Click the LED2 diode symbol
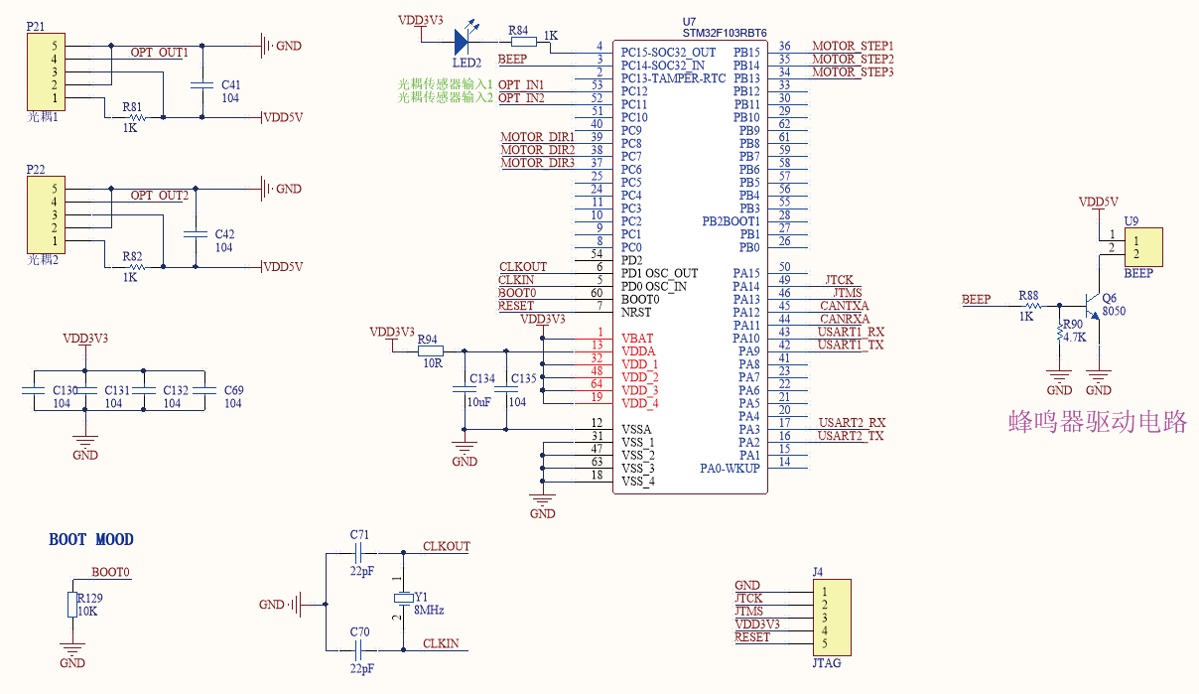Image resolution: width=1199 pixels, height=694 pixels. (463, 42)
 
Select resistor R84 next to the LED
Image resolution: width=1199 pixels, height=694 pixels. (522, 42)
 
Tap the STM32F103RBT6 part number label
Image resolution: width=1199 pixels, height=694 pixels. (725, 33)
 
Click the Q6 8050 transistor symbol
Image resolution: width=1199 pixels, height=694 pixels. (1093, 307)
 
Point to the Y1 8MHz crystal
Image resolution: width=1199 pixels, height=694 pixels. (403, 598)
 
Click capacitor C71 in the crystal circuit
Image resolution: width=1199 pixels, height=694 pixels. (359, 552)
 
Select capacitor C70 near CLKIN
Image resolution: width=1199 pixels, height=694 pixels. (359, 650)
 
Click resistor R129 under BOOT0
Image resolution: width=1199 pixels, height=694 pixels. (72, 605)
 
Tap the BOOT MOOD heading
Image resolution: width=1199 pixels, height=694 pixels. (91, 539)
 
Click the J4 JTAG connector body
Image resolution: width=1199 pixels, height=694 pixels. (832, 617)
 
